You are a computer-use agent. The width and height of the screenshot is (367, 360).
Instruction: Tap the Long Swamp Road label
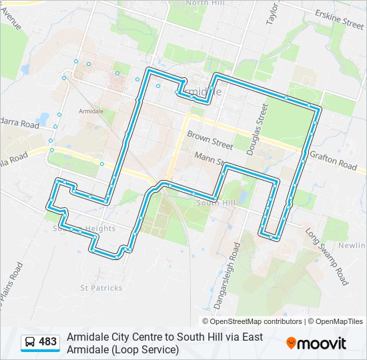[x=328, y=257]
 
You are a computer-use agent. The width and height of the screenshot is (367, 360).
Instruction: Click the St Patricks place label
[x=101, y=288]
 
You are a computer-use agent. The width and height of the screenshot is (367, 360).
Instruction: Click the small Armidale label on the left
[x=91, y=111]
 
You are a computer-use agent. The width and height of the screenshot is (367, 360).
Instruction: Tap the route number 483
[x=48, y=342]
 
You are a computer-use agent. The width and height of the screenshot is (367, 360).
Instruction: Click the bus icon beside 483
[x=30, y=343]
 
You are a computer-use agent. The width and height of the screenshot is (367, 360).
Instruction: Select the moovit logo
[x=316, y=343]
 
